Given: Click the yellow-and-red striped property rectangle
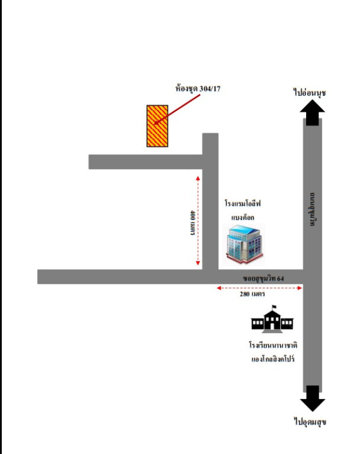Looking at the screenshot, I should coord(157,126).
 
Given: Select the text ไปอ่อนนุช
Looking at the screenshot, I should coord(310,92).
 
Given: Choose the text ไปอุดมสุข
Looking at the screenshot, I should coord(311,422).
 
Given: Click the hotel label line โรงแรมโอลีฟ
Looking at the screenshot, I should coord(245,203).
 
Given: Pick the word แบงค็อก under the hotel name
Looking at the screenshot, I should coord(243,217).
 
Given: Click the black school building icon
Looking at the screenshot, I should coord(273,321).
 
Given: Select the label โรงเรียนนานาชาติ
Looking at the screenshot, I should coord(273,345).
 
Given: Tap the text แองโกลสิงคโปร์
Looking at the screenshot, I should coord(273,359).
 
